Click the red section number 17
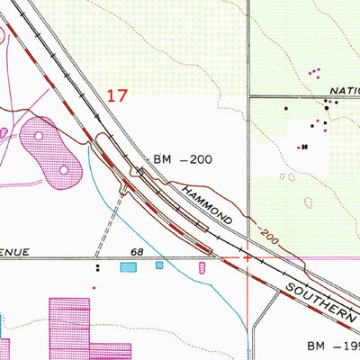(x=119, y=95)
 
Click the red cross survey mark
(x=247, y=258)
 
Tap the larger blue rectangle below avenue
(x=129, y=267)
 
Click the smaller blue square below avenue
(x=159, y=265)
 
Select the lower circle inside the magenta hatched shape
(x=64, y=168)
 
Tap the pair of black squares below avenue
(x=97, y=267)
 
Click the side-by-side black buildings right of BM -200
(x=304, y=147)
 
